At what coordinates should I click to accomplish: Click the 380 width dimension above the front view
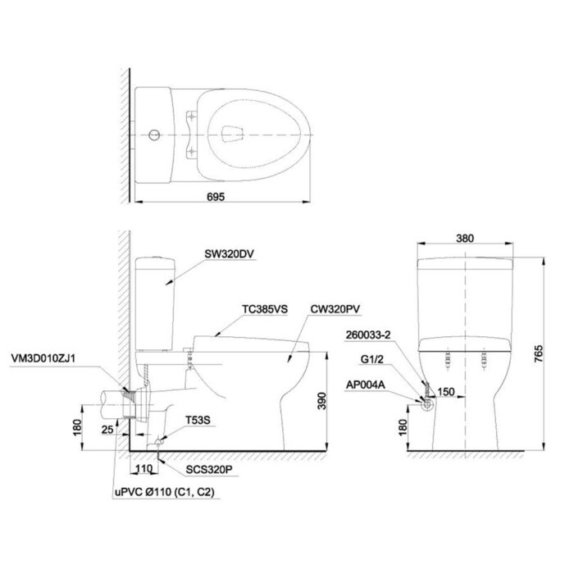[x=465, y=239]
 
